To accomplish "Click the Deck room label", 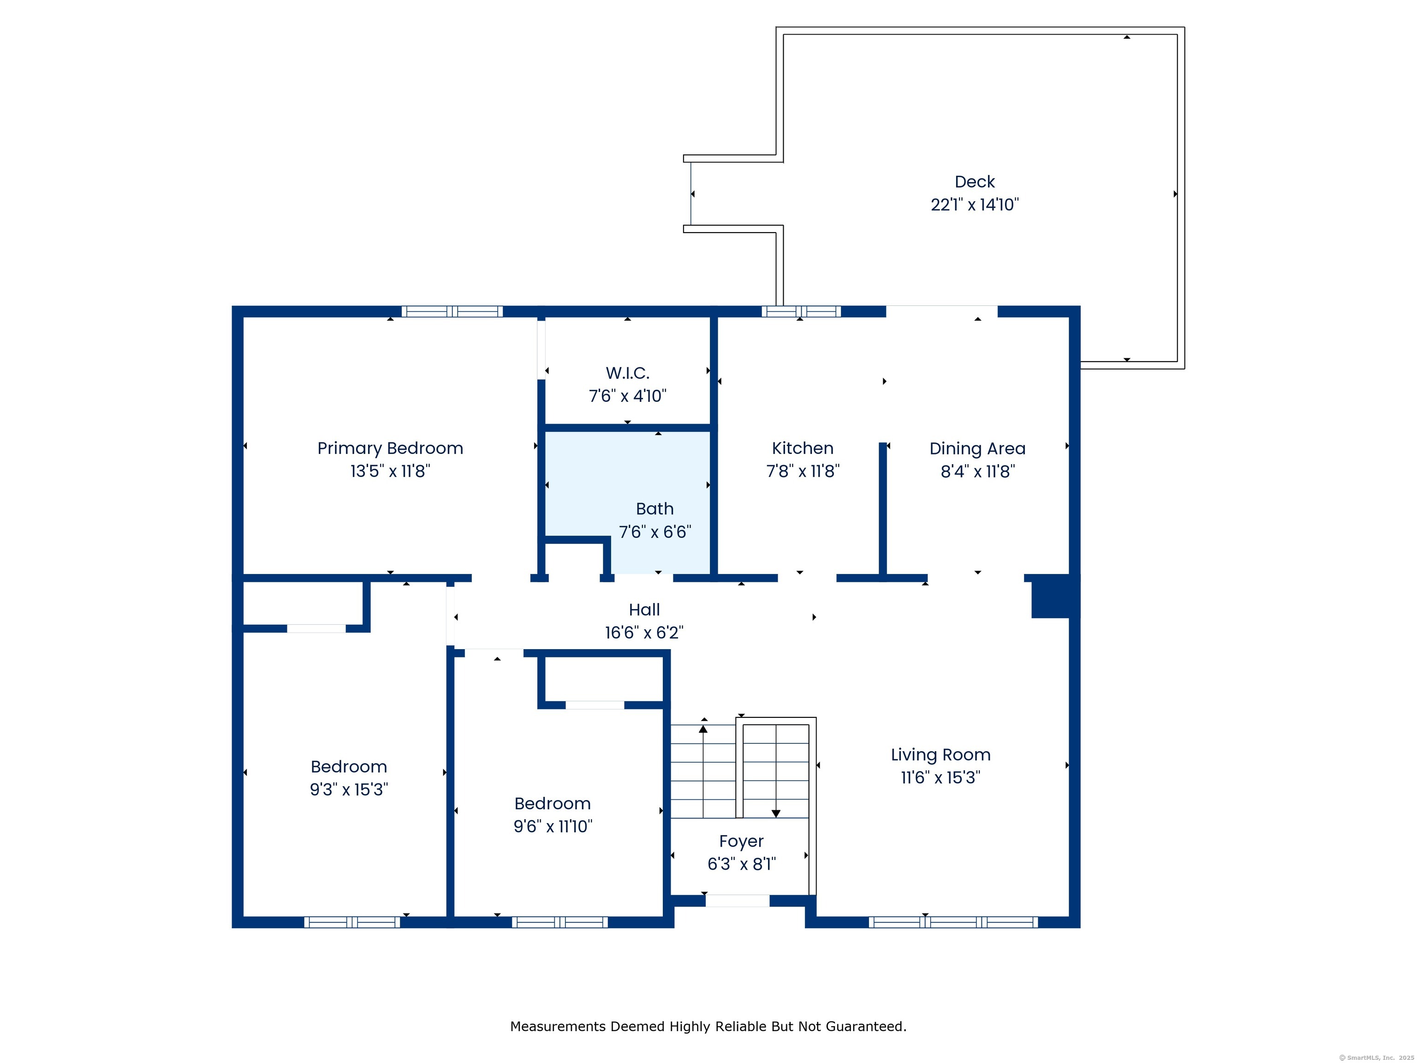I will click(x=974, y=182).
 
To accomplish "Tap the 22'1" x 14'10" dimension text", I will click(x=974, y=205).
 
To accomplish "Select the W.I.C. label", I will click(x=627, y=373).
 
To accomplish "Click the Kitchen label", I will click(x=802, y=448).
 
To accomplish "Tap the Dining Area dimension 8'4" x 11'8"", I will click(x=977, y=472).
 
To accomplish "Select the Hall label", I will click(x=644, y=610).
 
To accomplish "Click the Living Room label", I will click(x=941, y=755).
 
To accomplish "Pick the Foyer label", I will click(x=741, y=841).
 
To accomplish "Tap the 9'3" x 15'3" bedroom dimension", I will click(x=349, y=789).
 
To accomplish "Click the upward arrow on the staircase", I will click(x=703, y=729).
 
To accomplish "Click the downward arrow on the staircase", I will click(x=776, y=813).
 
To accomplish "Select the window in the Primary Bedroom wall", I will click(x=452, y=311).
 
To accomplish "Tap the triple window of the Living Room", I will click(x=953, y=922).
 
